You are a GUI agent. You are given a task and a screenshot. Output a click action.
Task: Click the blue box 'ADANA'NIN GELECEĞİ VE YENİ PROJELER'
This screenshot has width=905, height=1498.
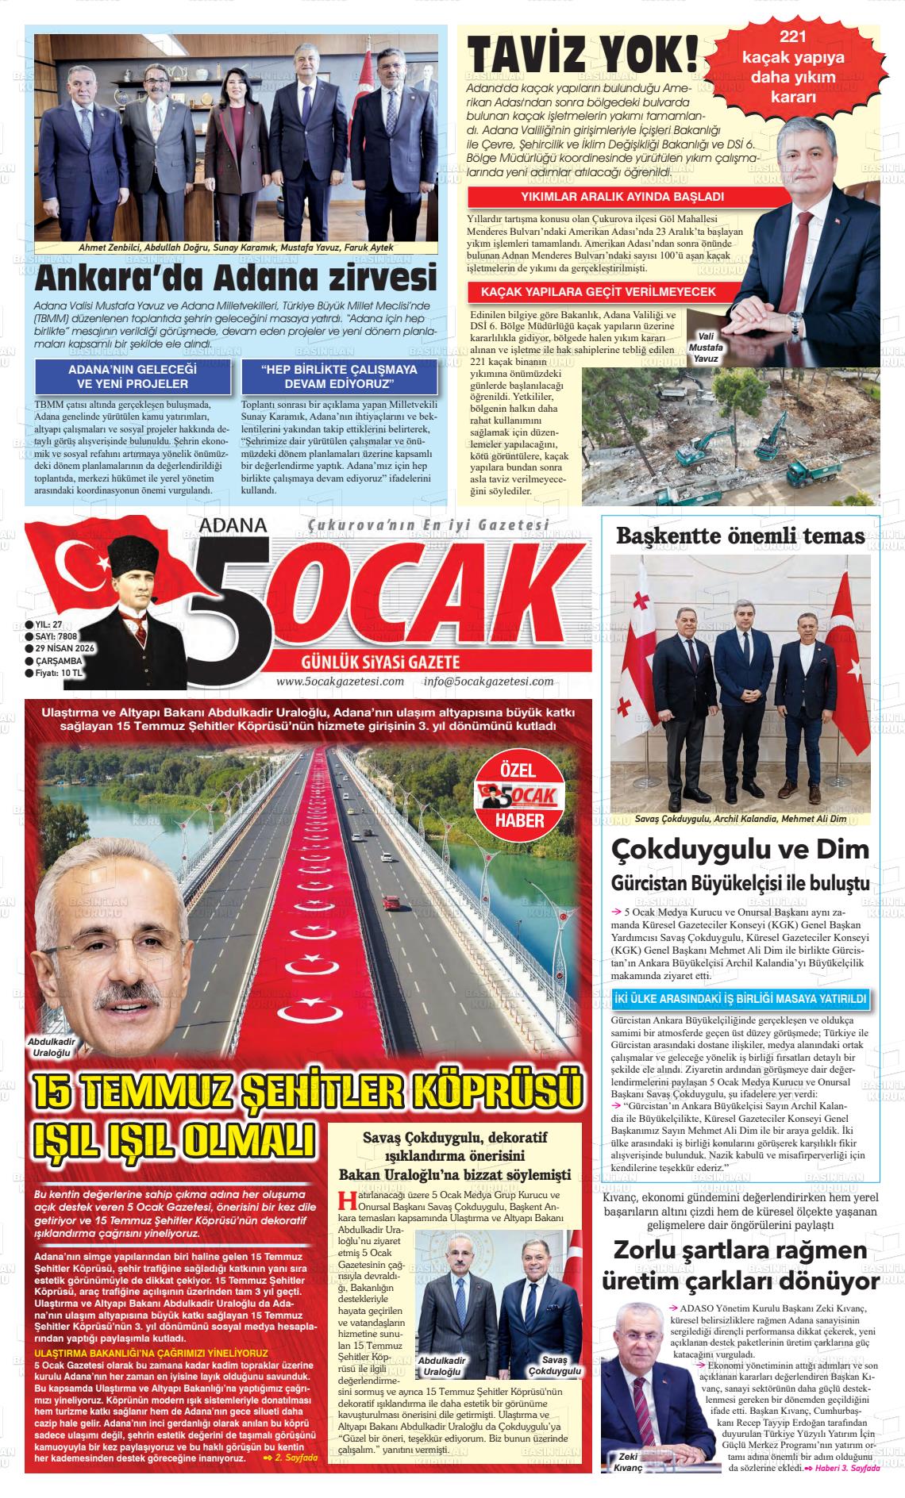point(133,377)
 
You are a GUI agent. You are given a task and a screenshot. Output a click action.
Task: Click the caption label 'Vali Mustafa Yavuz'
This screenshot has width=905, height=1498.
point(706,348)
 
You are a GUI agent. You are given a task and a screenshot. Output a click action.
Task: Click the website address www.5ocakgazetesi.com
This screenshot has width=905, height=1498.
point(340,681)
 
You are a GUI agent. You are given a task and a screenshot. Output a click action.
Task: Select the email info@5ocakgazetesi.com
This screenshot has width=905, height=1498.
point(488,681)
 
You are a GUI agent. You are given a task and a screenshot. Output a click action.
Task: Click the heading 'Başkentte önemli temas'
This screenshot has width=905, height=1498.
point(740,537)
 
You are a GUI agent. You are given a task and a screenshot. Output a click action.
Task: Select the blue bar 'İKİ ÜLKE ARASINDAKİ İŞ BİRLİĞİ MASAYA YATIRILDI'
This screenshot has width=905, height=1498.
point(740,999)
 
